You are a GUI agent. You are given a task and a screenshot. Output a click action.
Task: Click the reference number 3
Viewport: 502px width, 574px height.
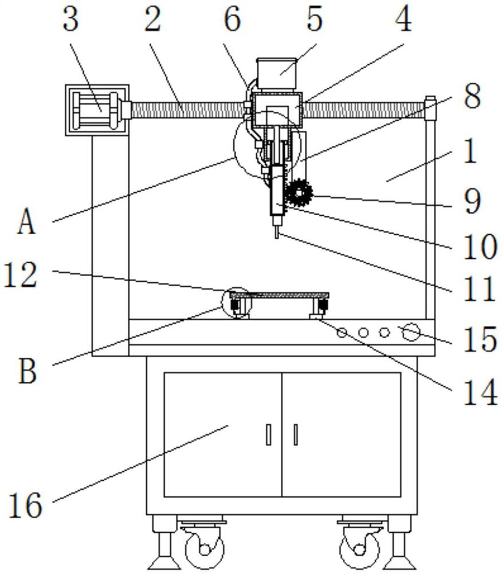click(70, 20)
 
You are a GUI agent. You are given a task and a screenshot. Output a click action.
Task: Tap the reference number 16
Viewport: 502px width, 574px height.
click(25, 505)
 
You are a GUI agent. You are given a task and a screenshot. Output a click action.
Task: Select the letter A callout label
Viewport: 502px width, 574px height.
click(26, 223)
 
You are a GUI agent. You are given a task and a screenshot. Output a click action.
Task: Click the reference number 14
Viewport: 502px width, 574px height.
click(480, 392)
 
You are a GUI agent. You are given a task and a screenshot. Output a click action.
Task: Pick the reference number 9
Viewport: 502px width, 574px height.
click(472, 201)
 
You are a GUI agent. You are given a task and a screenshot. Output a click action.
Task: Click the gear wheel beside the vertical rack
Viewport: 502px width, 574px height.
click(299, 192)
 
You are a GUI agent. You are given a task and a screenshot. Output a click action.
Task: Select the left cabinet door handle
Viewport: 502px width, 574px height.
click(269, 435)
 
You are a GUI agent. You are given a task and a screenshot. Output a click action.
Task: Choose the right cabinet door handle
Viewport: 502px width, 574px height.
click(295, 435)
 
